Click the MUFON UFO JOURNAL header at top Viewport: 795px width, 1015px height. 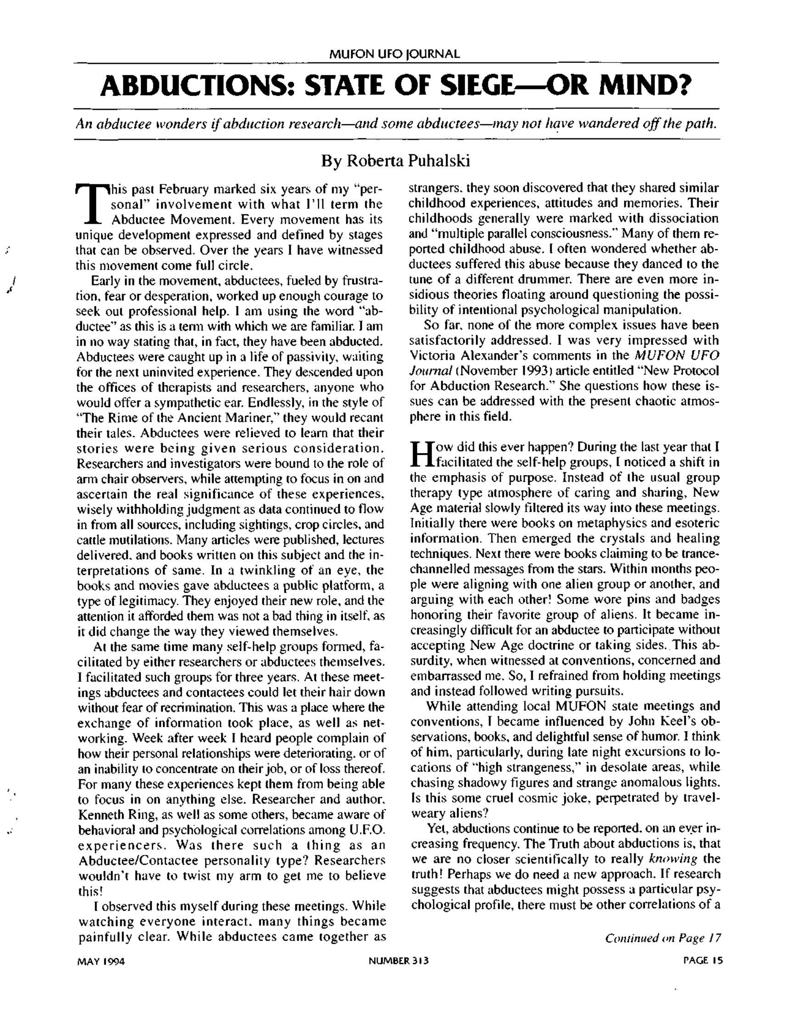pos(394,54)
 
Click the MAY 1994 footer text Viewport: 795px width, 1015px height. pos(101,960)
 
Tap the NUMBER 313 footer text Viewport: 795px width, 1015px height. pos(398,960)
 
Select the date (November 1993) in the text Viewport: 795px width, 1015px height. pos(505,371)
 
